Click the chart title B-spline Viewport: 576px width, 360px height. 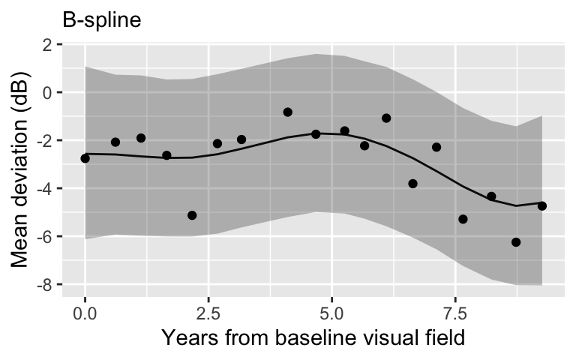[101, 19]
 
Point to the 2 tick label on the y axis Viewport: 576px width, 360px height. [47, 45]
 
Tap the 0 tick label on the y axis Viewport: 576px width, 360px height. [47, 93]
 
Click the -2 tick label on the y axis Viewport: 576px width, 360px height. [43, 141]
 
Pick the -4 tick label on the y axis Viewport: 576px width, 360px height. [43, 189]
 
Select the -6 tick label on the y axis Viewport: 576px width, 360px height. [43, 237]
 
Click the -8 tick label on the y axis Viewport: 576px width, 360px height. [43, 285]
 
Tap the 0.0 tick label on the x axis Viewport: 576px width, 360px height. [85, 310]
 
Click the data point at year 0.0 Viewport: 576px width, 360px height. [85, 158]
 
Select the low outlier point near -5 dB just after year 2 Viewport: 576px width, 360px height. [192, 215]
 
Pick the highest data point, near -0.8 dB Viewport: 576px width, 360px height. [288, 112]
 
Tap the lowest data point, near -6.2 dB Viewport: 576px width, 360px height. [516, 242]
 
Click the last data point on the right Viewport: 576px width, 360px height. [542, 205]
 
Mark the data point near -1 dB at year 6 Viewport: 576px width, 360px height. [386, 118]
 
